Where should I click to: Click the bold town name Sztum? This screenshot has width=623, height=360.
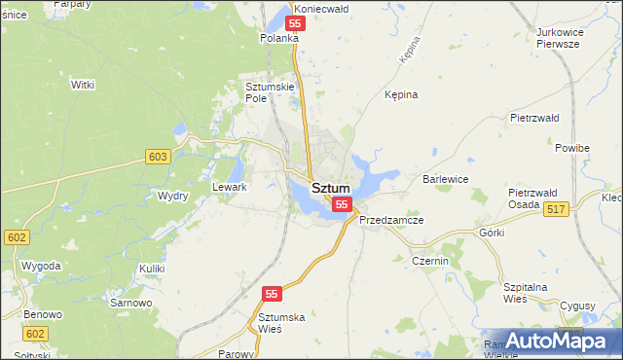[331, 188]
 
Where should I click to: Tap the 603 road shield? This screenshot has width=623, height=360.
[159, 156]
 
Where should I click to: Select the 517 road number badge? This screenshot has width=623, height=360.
[557, 209]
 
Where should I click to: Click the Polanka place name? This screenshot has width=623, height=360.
[277, 39]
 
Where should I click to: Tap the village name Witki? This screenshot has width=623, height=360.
[83, 85]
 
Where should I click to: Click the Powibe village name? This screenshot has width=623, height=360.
[572, 147]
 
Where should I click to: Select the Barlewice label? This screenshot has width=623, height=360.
[447, 180]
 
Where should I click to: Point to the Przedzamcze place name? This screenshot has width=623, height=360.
[391, 221]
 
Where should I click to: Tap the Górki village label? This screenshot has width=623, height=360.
[492, 234]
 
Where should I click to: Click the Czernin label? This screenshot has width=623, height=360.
[429, 261]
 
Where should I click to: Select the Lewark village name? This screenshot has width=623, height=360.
[231, 186]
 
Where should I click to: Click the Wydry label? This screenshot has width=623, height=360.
[172, 196]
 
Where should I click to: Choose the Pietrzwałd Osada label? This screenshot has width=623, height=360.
[532, 198]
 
